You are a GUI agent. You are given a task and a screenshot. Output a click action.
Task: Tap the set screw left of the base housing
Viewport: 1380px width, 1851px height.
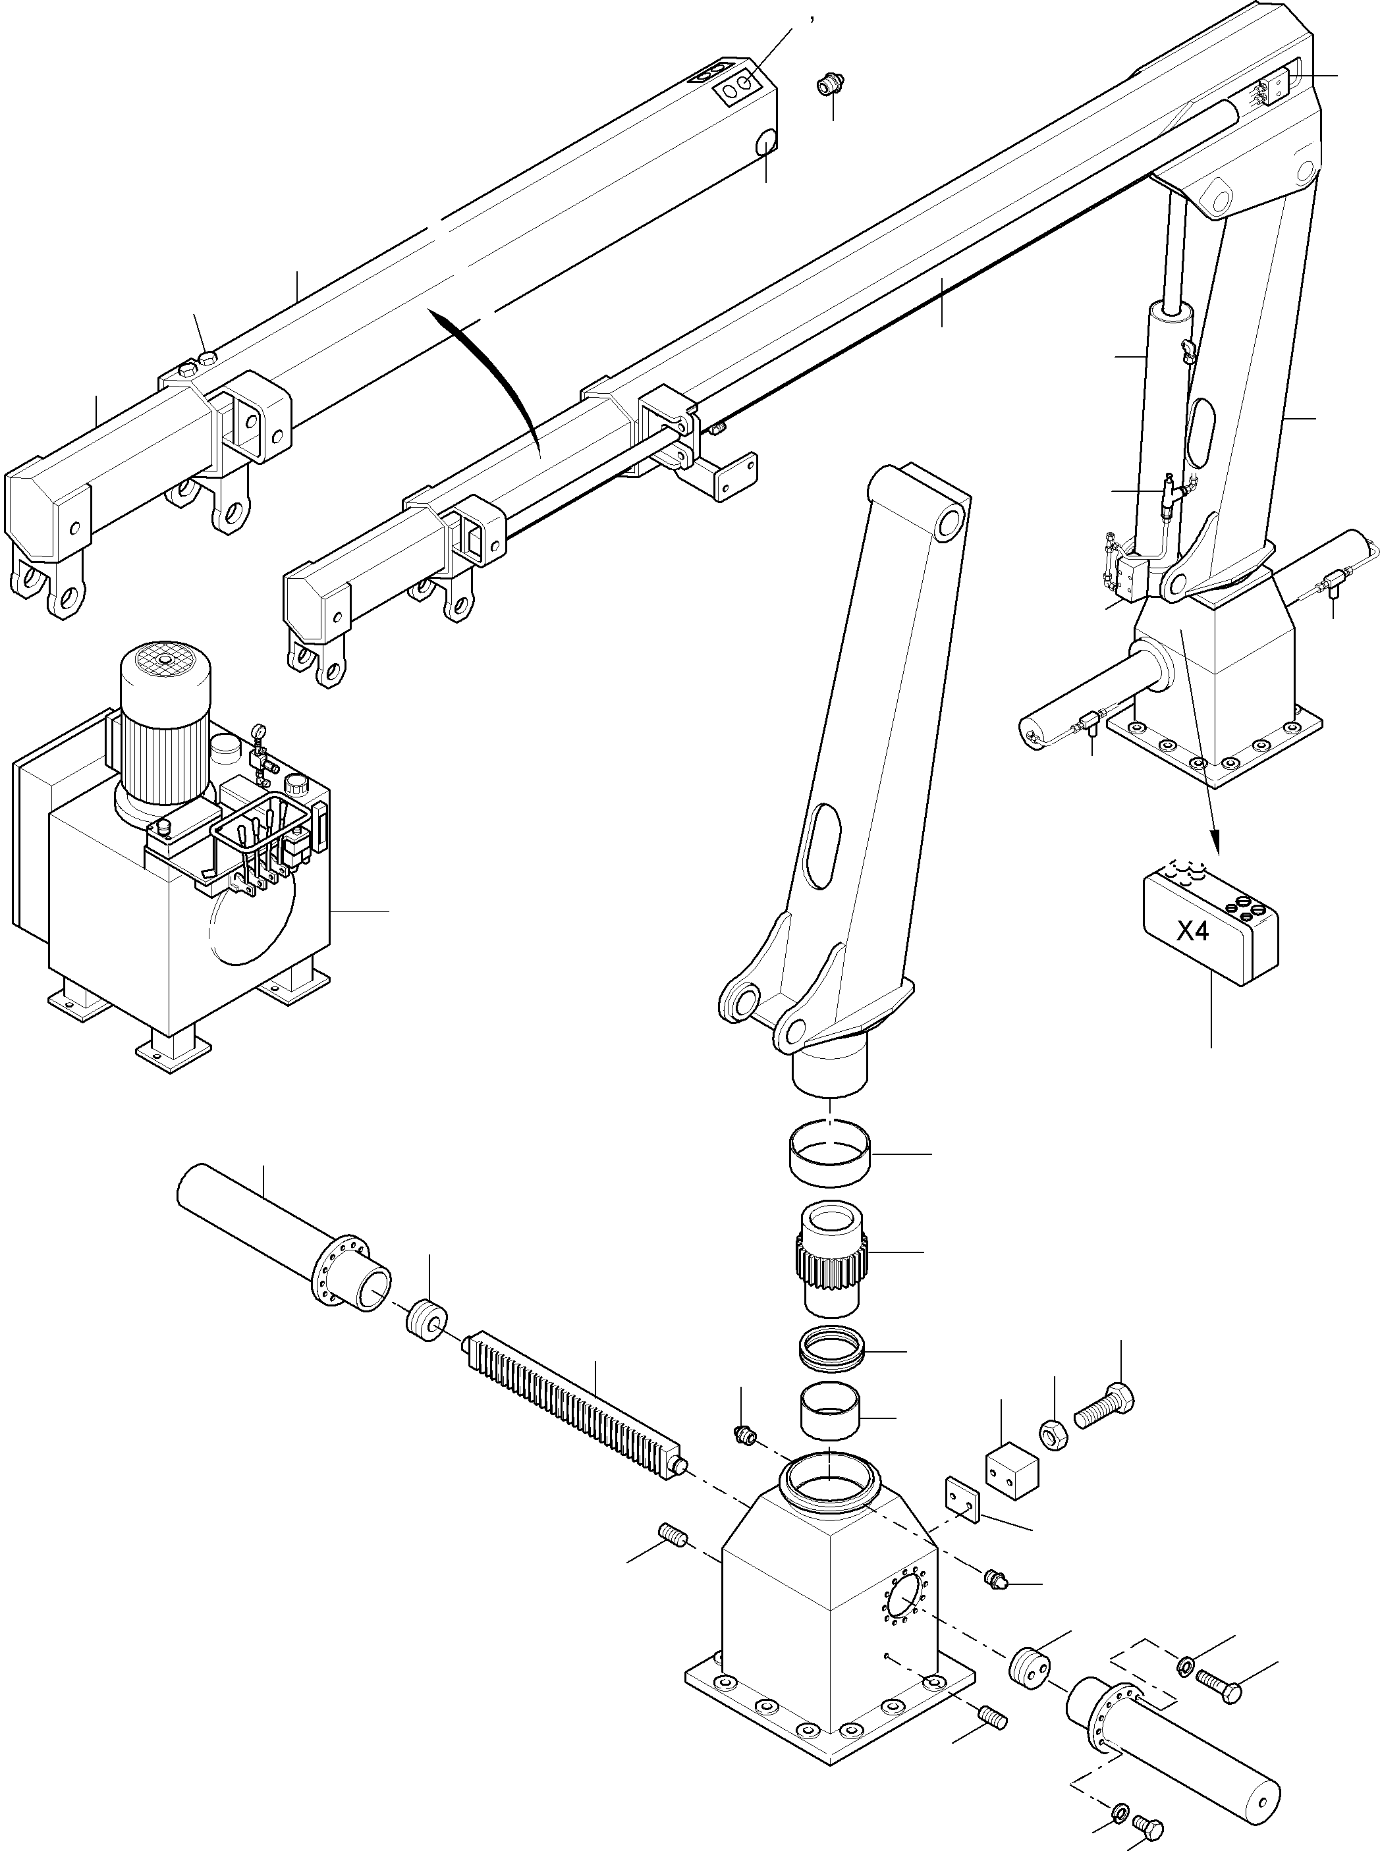pyautogui.click(x=673, y=1534)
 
